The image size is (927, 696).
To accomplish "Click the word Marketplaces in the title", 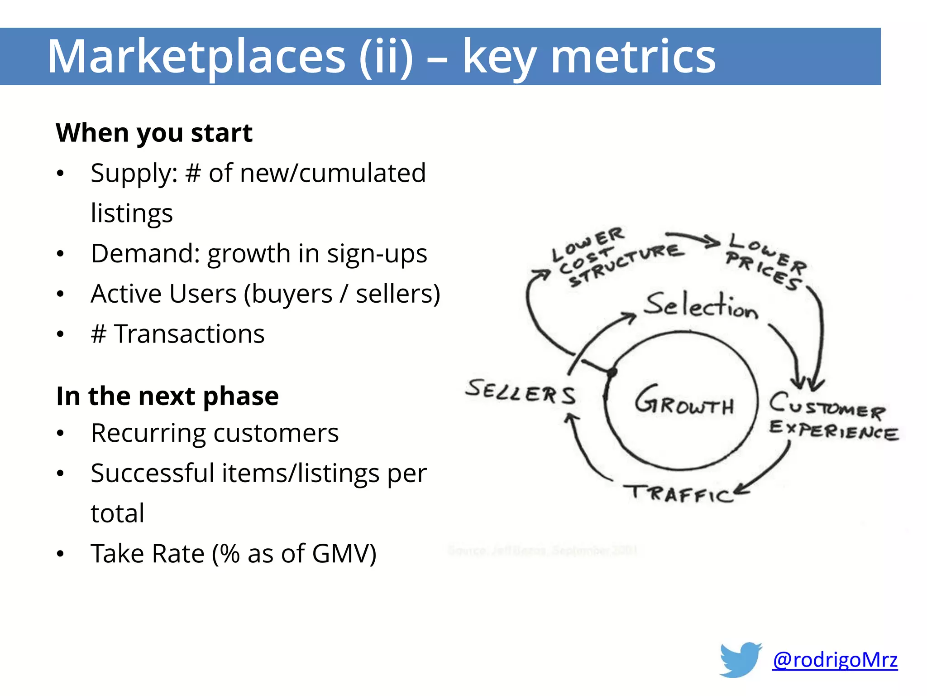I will (x=196, y=57).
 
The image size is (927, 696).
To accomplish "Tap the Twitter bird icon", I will (x=741, y=659).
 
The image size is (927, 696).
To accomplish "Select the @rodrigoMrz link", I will (x=835, y=660).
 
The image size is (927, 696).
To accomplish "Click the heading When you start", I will (x=154, y=133).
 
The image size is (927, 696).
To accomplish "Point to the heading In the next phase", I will (x=167, y=396).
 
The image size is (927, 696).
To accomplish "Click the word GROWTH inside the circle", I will (x=683, y=401).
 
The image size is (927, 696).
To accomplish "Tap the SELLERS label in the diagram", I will (x=521, y=392).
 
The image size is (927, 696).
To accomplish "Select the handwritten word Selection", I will (x=701, y=305).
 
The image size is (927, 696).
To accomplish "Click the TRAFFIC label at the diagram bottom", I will (x=679, y=493).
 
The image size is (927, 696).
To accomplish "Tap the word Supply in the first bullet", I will (x=134, y=174).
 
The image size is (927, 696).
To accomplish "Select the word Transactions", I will (x=189, y=334).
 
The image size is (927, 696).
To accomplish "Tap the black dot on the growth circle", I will (x=612, y=372).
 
